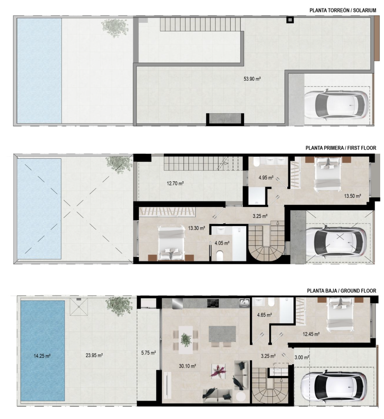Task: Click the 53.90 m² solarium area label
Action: (252, 79)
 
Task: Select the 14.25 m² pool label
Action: (42, 356)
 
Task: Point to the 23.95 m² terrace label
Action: (94, 355)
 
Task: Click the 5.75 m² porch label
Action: (148, 353)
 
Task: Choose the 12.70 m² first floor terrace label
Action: (175, 183)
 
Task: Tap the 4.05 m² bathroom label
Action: (222, 243)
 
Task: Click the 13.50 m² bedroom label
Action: (353, 196)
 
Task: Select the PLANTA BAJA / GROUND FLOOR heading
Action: (341, 291)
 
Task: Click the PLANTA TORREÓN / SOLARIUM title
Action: (343, 10)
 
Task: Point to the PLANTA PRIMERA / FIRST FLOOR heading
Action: (341, 148)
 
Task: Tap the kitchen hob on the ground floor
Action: (213, 303)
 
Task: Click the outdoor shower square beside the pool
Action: (79, 307)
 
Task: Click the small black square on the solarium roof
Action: (290, 20)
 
